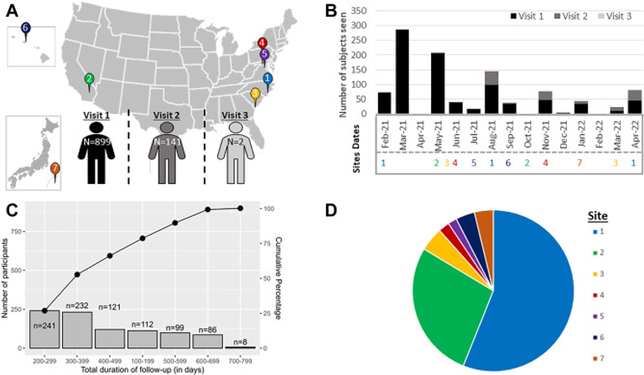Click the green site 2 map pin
[x=89, y=81]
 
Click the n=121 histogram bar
[x=110, y=338]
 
